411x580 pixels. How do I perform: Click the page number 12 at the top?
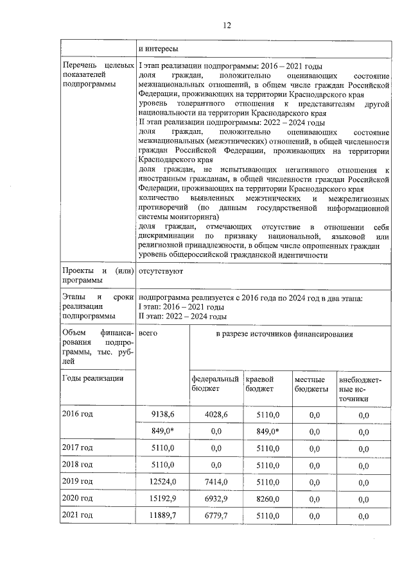tap(226, 26)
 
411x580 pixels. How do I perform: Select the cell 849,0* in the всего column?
tap(164, 431)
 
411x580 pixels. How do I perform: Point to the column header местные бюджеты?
tap(311, 385)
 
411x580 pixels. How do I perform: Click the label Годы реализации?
tap(93, 379)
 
